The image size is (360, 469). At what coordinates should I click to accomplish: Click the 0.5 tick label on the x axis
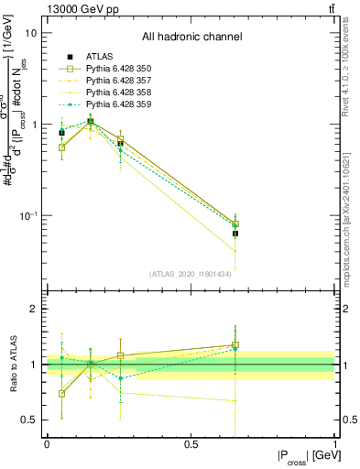click(191, 444)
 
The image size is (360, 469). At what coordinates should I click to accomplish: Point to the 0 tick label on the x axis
click(47, 444)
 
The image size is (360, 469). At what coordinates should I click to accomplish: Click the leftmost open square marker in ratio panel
click(61, 394)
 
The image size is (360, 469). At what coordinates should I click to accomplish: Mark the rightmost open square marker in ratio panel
click(235, 345)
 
